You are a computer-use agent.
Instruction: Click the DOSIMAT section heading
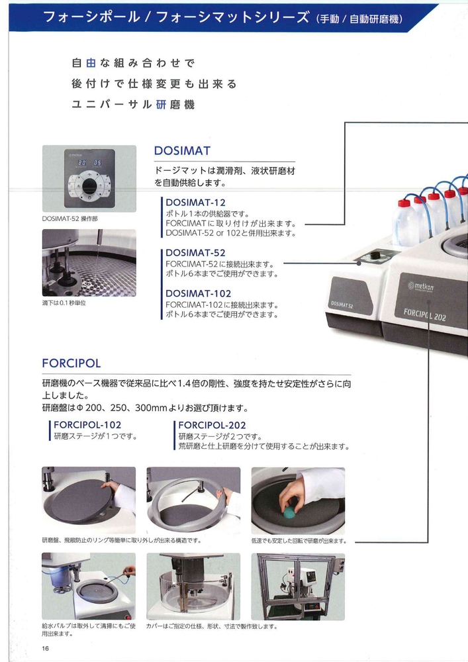click(182, 151)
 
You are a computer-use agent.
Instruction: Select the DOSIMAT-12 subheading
click(195, 203)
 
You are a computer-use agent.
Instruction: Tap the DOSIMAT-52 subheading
click(195, 253)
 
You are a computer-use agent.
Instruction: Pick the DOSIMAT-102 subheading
click(199, 293)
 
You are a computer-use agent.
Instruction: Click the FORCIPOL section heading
click(71, 363)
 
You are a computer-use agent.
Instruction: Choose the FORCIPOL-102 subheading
click(87, 425)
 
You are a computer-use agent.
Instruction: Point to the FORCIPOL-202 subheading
click(212, 425)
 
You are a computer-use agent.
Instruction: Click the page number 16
click(46, 649)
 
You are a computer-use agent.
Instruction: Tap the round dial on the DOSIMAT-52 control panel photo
click(89, 186)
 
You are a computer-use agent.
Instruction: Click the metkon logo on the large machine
click(421, 286)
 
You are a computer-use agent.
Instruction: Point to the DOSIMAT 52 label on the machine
click(342, 304)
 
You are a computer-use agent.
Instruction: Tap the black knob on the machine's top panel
click(375, 255)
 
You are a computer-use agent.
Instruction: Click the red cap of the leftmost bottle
click(404, 203)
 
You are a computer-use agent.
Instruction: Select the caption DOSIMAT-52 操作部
click(70, 218)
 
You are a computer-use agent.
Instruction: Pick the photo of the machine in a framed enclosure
click(298, 587)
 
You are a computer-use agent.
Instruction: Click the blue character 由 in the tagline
click(91, 64)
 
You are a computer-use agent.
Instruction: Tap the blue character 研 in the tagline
click(162, 105)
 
